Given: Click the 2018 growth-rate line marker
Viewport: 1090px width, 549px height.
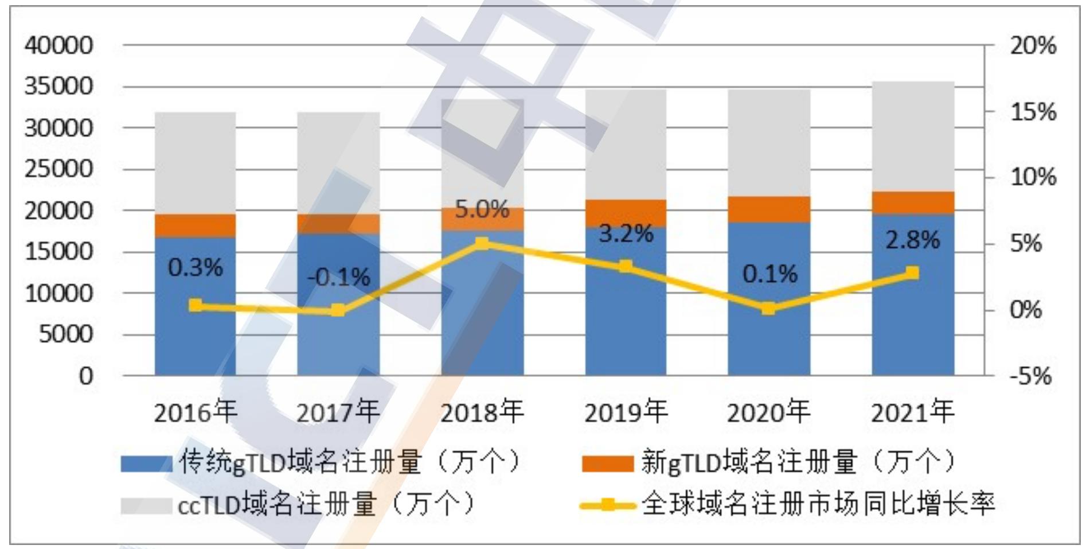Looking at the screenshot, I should coord(483,244).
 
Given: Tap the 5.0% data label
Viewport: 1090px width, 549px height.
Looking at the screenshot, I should coord(482,210).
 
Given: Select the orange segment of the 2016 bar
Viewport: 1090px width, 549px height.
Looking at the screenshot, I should coord(196,226).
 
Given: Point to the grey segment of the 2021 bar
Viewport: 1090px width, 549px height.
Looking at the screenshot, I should coord(913,137).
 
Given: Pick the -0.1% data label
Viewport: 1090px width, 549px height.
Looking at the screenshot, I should coord(339,278).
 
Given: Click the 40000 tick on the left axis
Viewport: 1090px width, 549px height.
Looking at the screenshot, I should coord(58,45).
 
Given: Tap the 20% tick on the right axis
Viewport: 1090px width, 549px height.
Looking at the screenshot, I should coord(1033,45).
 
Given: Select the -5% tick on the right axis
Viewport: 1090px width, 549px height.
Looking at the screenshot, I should coord(1030,376).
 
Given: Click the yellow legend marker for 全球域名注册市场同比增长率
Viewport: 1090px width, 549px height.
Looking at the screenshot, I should coord(608,505).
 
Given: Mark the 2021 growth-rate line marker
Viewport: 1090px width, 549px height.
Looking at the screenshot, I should coord(912,272).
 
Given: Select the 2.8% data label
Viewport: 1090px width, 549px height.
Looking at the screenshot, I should coord(912,240).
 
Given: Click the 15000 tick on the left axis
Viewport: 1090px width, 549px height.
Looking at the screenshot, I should coord(58,251).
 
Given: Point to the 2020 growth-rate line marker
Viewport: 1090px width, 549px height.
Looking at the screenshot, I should coord(768,309).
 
